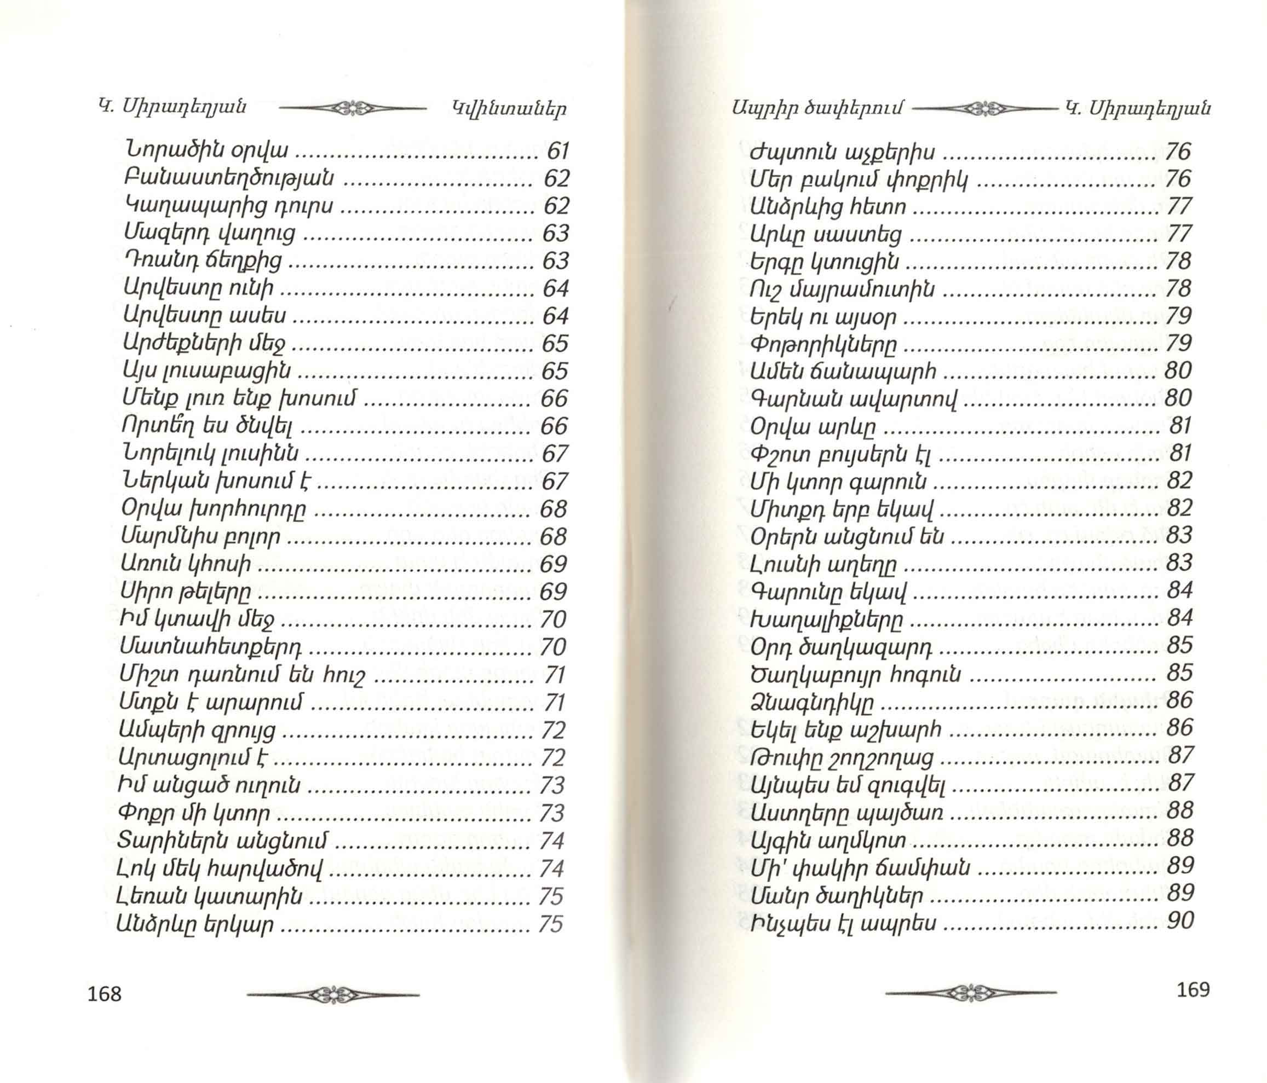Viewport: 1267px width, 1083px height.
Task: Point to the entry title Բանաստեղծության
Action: click(229, 178)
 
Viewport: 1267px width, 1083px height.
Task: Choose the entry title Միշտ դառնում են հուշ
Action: click(243, 675)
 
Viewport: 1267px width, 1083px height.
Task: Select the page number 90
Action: click(1180, 920)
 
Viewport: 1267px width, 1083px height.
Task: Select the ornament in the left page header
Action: click(352, 108)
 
